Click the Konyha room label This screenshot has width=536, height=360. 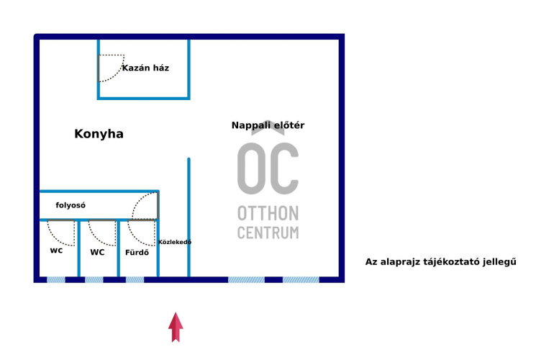(99, 134)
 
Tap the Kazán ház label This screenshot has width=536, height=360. (145, 68)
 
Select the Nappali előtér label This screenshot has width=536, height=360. (268, 125)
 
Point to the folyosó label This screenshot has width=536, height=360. (71, 206)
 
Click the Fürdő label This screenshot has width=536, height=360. (137, 253)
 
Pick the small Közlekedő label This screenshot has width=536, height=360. (174, 242)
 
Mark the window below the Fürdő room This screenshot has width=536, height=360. (135, 279)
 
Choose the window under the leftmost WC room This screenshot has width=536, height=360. (56, 279)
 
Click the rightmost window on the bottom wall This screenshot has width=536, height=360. (301, 279)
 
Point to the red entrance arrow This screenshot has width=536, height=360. (176, 327)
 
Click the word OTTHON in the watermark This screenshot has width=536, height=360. (268, 214)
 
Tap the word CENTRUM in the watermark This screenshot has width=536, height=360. (268, 233)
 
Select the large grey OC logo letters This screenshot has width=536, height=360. (268, 168)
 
